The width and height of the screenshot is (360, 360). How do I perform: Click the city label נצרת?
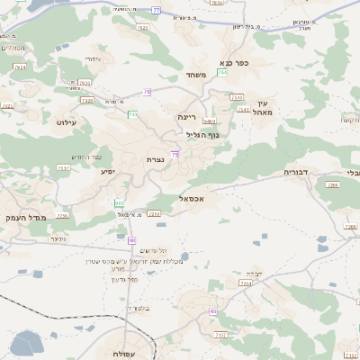tap(155, 159)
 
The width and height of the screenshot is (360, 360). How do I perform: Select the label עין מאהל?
tap(262, 108)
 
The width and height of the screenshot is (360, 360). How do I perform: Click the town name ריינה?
tap(186, 116)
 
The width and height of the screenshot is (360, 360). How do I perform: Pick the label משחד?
tap(198, 75)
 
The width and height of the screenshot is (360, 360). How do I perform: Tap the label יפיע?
tap(108, 170)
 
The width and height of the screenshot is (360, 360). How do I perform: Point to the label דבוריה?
tap(296, 171)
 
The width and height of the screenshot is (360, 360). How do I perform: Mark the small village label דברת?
tap(252, 273)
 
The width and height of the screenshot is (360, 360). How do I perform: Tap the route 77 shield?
tap(156, 10)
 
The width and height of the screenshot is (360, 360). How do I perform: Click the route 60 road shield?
tap(132, 240)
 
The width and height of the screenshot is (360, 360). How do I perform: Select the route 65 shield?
tap(212, 310)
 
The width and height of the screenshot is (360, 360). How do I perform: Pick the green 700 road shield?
tap(132, 114)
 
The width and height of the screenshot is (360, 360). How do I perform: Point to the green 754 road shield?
tap(221, 84)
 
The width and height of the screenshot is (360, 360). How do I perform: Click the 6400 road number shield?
tap(208, 121)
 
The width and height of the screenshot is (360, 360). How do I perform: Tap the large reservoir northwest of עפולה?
tap(27, 343)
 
